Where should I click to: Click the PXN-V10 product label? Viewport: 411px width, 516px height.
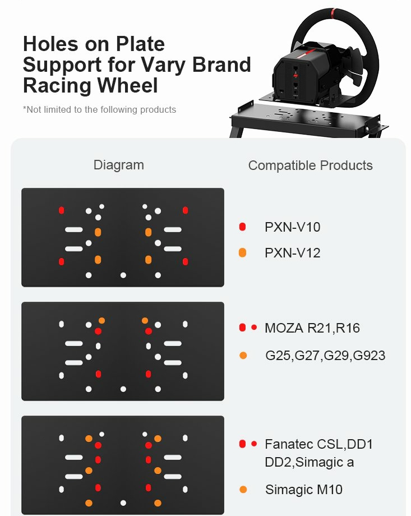click(292, 227)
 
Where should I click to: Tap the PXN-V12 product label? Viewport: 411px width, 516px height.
click(292, 253)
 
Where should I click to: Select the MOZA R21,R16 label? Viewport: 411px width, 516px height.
click(312, 328)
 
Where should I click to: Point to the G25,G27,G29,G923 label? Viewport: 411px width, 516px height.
click(325, 356)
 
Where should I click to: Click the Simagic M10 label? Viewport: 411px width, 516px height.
click(304, 490)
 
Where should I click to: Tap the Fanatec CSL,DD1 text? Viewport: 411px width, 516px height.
click(318, 444)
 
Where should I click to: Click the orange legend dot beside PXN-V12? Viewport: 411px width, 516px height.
click(243, 253)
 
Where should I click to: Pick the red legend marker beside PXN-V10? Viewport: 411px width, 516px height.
click(243, 227)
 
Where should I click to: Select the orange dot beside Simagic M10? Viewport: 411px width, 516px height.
click(243, 490)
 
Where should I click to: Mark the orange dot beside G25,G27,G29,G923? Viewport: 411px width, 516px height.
click(243, 356)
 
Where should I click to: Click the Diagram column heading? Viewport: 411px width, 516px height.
click(119, 165)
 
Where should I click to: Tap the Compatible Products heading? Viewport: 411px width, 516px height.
click(310, 165)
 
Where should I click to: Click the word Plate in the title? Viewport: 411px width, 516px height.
click(140, 44)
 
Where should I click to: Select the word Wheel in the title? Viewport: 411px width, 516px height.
click(128, 85)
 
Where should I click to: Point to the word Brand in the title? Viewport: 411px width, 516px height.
click(221, 64)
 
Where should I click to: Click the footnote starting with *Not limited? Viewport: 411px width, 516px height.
click(99, 109)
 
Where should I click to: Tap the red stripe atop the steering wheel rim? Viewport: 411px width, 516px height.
click(333, 13)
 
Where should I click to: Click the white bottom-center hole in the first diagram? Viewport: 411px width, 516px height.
click(123, 275)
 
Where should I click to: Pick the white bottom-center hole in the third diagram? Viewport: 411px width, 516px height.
click(123, 503)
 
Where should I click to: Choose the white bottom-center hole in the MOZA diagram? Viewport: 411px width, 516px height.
click(123, 389)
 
